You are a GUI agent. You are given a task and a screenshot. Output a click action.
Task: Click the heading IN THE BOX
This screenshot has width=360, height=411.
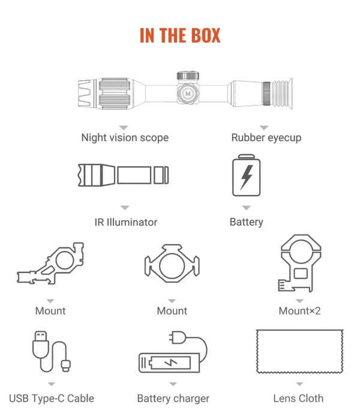pos(180,35)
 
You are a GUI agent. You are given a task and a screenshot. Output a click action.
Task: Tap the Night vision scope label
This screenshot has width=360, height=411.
pos(125,137)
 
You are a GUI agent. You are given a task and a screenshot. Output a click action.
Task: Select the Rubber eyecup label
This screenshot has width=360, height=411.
pos(266,137)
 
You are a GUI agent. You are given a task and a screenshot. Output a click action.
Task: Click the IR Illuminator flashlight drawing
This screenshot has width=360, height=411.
pos(122,175)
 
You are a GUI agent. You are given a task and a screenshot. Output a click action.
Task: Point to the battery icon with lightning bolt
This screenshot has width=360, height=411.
pos(247,176)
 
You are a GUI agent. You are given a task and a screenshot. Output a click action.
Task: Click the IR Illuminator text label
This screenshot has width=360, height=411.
pos(126,222)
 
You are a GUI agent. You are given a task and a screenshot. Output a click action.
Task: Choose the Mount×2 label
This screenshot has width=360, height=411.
pos(299,311)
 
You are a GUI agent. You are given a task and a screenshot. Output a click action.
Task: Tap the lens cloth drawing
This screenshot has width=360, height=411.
pos(299,350)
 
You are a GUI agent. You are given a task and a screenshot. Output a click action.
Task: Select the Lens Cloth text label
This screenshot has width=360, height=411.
pos(298,398)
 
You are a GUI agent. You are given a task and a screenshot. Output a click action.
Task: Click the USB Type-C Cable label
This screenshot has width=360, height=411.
pos(52,398)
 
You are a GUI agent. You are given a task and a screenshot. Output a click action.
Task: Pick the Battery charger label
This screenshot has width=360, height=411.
pos(173,398)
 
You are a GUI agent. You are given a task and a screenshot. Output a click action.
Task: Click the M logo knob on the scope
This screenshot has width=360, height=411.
pos(188,94)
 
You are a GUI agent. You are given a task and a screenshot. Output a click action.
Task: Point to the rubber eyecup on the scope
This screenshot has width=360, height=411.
pos(283,93)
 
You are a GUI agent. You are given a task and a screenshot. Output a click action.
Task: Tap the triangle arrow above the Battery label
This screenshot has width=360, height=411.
pos(246,208)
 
